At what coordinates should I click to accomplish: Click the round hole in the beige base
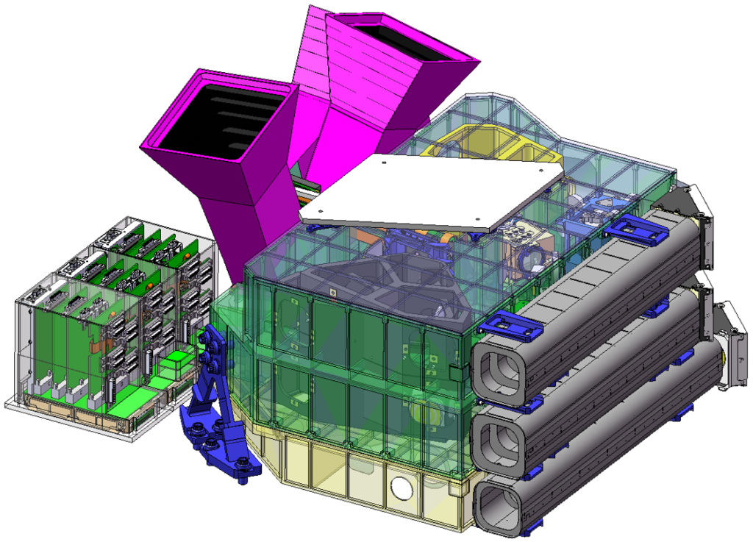pyautogui.click(x=402, y=487)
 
